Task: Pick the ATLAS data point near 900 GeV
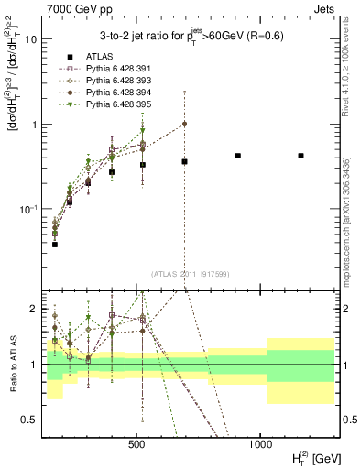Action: pyautogui.click(x=238, y=156)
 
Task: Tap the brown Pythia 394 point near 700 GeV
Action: pyautogui.click(x=184, y=124)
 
